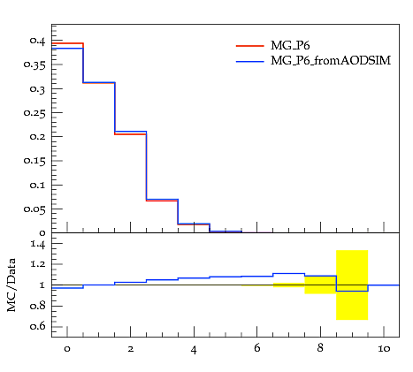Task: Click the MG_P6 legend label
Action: pyautogui.click(x=290, y=46)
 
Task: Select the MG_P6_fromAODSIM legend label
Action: pyautogui.click(x=331, y=61)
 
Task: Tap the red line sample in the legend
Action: pyautogui.click(x=250, y=46)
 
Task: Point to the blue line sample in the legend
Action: pyautogui.click(x=250, y=61)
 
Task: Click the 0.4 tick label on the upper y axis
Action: pyautogui.click(x=37, y=41)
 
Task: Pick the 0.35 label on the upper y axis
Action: pyautogui.click(x=34, y=65)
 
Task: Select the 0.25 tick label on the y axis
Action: pyautogui.click(x=34, y=113)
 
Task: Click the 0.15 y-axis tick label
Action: pyautogui.click(x=34, y=161)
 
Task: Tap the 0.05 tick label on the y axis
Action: pyautogui.click(x=34, y=209)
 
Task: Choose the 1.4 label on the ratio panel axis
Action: pyautogui.click(x=38, y=244)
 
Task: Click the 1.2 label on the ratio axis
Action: pyautogui.click(x=38, y=264)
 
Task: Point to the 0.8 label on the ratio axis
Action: pyautogui.click(x=38, y=306)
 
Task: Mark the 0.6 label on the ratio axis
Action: pyautogui.click(x=38, y=326)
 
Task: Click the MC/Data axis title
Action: pyautogui.click(x=11, y=285)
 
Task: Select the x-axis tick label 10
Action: pyautogui.click(x=384, y=349)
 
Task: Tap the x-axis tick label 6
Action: pyautogui.click(x=257, y=348)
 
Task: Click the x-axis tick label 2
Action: pyautogui.click(x=131, y=349)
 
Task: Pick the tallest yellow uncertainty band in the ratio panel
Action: pyautogui.click(x=352, y=285)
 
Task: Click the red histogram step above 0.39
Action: pyautogui.click(x=67, y=43)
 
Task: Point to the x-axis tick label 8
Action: pyautogui.click(x=320, y=348)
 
